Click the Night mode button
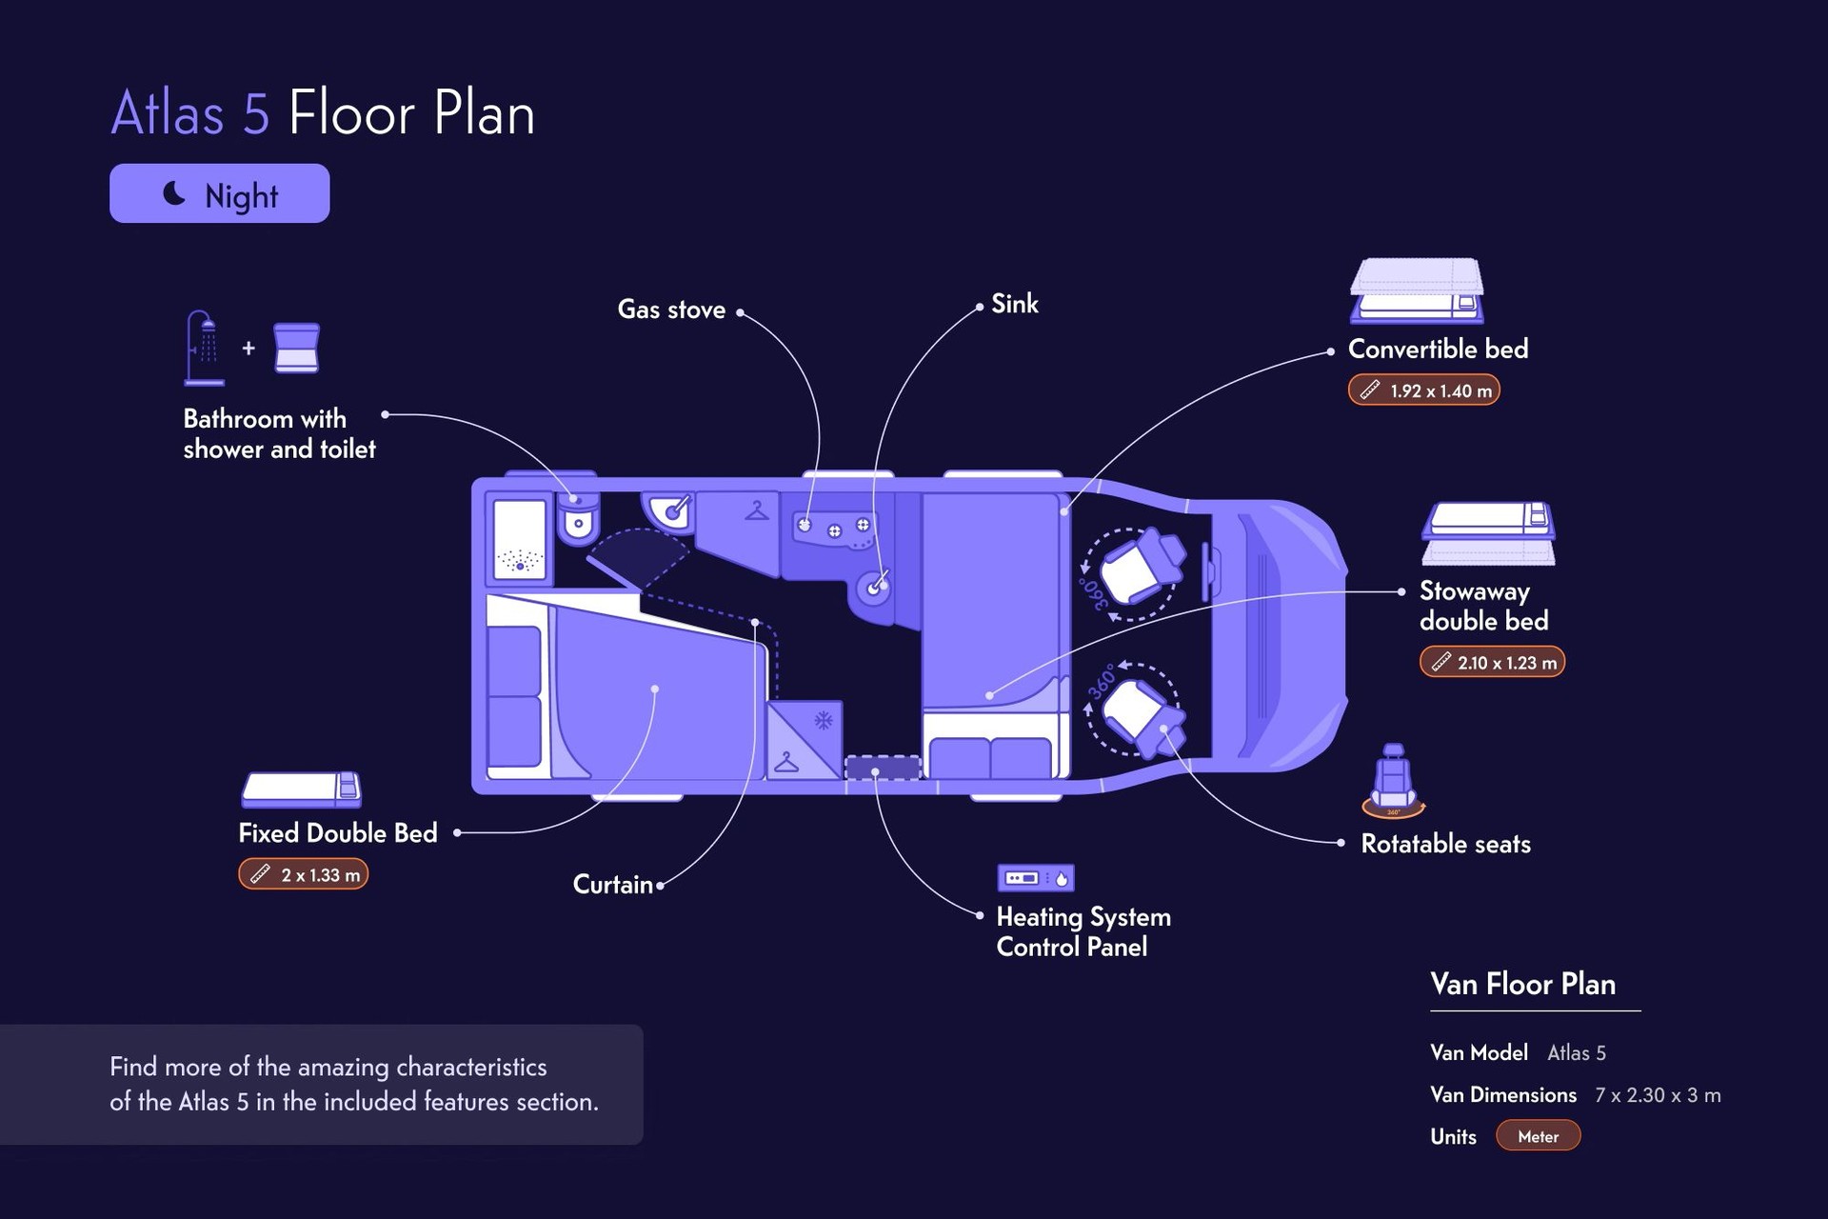(x=219, y=193)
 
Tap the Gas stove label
(x=671, y=310)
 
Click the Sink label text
(x=1015, y=304)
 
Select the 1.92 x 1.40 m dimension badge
(x=1424, y=390)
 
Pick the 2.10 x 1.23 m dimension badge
(x=1492, y=662)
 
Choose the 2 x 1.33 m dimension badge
(x=303, y=874)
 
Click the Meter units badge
(x=1538, y=1136)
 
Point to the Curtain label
(x=613, y=885)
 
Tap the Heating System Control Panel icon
(x=1036, y=877)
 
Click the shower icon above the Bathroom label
(x=204, y=348)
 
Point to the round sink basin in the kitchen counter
(x=873, y=589)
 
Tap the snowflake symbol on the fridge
(x=824, y=720)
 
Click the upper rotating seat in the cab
(x=1141, y=567)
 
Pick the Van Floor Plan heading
(x=1522, y=984)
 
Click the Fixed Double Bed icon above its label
(x=301, y=789)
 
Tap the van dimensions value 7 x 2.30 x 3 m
(x=1658, y=1095)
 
